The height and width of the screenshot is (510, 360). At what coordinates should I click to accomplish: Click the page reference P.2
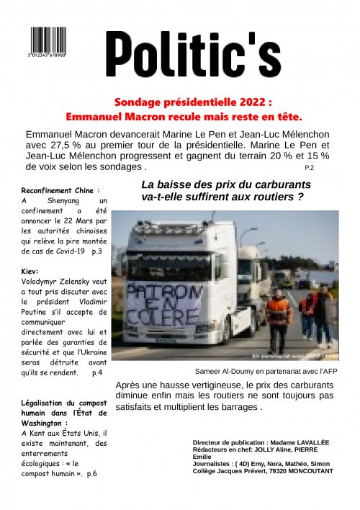[310, 167]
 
